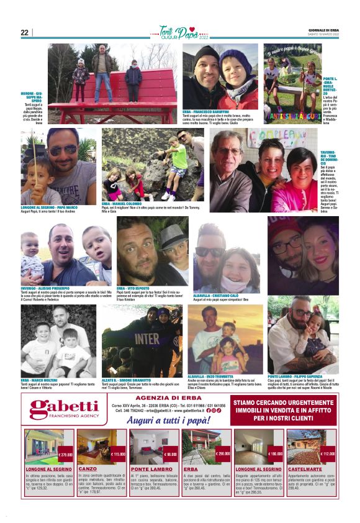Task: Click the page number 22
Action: tap(25, 32)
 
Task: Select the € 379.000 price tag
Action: tap(66, 455)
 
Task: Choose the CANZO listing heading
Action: tap(88, 469)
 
